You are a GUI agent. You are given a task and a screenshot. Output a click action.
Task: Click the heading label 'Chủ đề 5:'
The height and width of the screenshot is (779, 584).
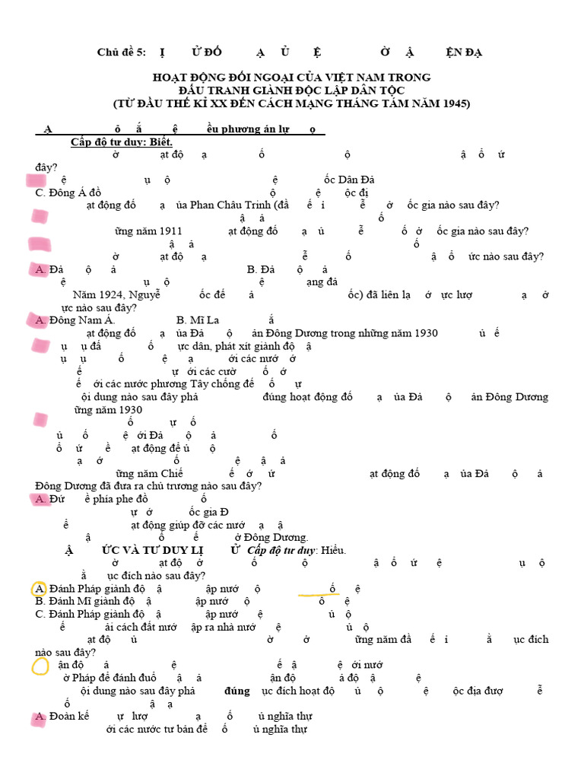coord(121,52)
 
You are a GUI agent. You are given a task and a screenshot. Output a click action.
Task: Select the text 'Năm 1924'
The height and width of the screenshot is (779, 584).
coord(96,295)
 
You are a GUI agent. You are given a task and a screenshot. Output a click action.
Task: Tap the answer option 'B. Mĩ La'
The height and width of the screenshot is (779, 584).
coord(197,320)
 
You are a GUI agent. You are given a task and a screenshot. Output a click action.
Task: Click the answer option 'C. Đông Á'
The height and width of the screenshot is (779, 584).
coord(68,192)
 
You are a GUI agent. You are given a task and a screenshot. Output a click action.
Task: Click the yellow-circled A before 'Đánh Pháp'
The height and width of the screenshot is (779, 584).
coord(40,589)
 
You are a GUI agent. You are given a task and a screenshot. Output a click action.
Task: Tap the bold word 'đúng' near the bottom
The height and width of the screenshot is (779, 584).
coord(237,691)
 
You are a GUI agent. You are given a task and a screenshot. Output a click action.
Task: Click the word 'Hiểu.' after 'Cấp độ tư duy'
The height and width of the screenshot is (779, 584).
coord(332,550)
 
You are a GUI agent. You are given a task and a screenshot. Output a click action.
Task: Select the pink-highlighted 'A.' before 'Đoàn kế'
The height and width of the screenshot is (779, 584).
coord(40,717)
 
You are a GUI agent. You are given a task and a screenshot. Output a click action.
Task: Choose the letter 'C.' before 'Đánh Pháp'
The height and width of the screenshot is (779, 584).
coord(41,614)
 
